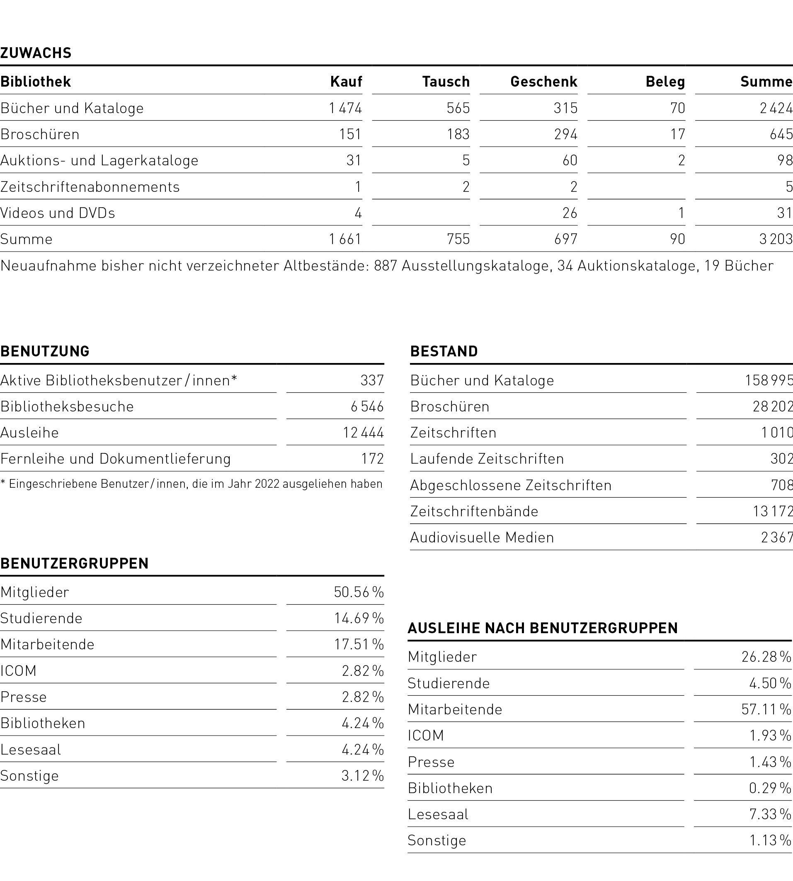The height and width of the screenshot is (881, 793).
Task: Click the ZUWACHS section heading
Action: coord(36,53)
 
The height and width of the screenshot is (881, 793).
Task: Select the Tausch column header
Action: coord(446,82)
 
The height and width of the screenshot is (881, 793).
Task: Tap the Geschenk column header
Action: coord(543,82)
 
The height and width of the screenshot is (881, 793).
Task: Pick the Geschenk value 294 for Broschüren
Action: coord(565,134)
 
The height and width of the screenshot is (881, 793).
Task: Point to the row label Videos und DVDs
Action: coord(58,213)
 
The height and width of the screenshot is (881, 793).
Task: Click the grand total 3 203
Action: coord(776,239)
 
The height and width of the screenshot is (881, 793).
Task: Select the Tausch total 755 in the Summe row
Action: coord(458,239)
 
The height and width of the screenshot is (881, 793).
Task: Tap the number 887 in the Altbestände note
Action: coord(385,266)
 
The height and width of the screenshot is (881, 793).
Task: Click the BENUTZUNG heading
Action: coord(45,351)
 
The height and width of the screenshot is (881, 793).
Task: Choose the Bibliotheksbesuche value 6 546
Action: coord(367,407)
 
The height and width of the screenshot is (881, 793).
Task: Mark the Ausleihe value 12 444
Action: coord(363,433)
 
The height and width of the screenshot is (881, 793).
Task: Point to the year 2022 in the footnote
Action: coord(267,484)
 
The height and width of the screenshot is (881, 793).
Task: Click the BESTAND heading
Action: coord(444,351)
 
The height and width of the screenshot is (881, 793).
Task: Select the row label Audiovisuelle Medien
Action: coord(482,537)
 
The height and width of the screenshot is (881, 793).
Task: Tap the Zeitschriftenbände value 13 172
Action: coord(773,511)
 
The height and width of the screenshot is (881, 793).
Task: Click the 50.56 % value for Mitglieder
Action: coord(359,592)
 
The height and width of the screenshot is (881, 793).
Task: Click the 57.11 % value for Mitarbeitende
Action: coord(766,709)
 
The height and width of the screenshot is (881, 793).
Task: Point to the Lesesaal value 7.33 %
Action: coord(770,814)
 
